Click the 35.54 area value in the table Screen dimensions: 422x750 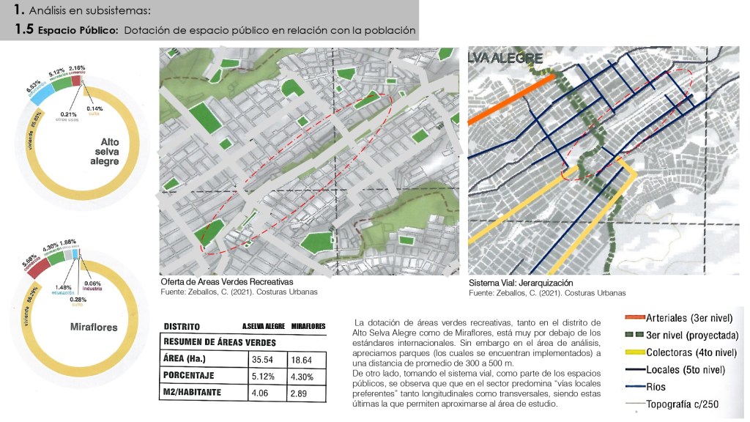pos(261,360)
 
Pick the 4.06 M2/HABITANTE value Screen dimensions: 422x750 pos(260,393)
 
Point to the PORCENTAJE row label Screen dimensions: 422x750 pos(191,377)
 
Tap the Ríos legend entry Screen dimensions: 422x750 pos(658,387)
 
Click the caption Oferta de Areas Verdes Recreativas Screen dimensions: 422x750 pos(226,281)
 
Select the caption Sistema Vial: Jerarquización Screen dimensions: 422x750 pos(520,283)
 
